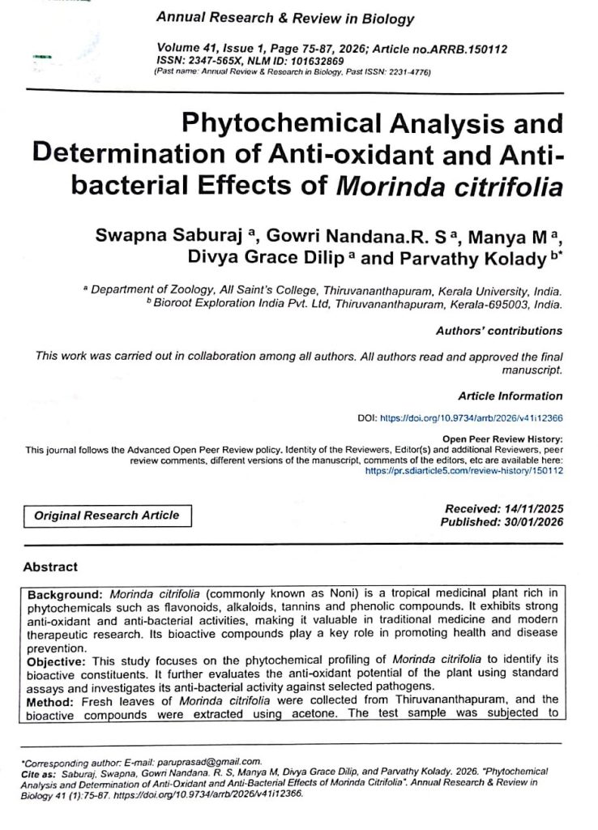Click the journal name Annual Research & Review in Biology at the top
click(284, 19)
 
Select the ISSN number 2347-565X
click(226, 61)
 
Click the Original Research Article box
click(107, 516)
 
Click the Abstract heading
click(50, 567)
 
